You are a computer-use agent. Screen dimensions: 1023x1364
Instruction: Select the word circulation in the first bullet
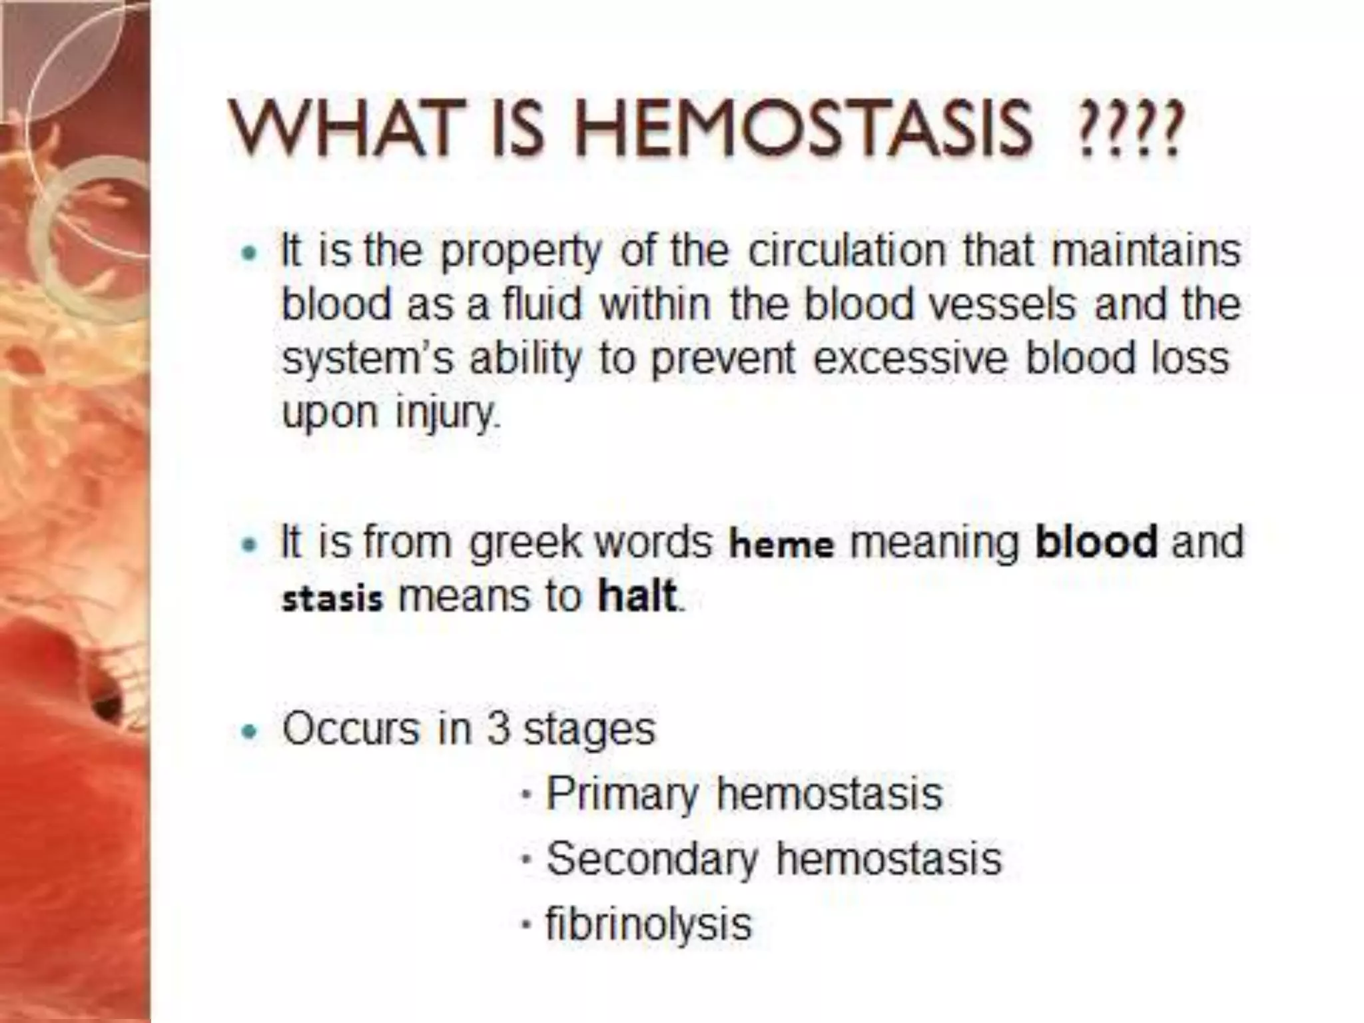point(847,251)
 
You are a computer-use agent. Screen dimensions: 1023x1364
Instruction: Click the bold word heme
point(781,544)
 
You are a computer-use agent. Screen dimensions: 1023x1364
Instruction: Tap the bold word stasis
point(332,599)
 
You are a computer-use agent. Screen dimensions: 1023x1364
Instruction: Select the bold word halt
point(637,595)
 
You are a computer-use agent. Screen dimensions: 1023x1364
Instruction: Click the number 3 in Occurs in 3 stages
point(498,729)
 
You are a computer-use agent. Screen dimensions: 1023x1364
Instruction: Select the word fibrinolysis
point(648,923)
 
